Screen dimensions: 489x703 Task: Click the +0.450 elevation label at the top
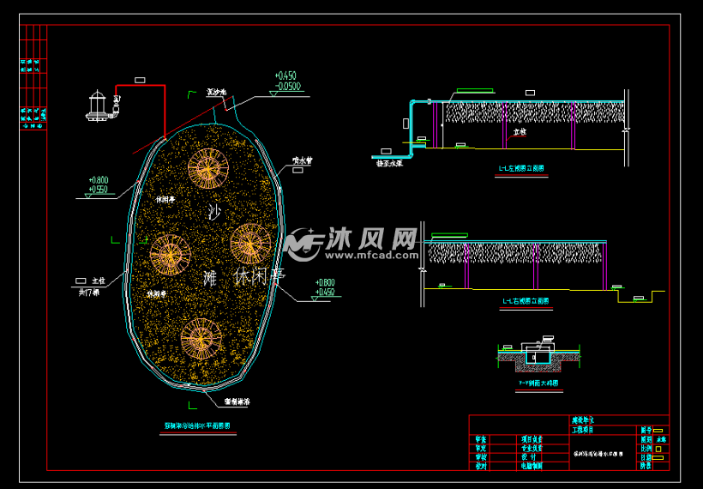point(285,75)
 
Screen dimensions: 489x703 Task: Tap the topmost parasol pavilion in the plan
point(207,167)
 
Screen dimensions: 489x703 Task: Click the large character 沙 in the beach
point(214,212)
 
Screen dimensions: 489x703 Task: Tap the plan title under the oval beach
point(197,426)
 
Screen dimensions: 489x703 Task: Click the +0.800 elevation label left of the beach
point(98,180)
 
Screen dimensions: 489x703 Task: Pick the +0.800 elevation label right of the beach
point(324,282)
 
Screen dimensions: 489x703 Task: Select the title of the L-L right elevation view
point(526,301)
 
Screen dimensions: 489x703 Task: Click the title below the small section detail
point(538,383)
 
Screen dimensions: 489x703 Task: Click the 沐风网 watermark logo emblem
point(302,244)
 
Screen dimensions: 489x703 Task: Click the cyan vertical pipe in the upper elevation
point(412,129)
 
